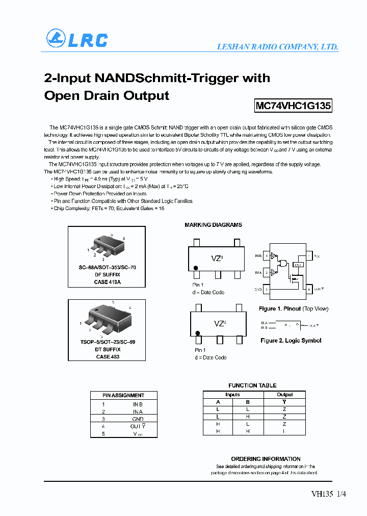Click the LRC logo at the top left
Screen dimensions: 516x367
[77, 39]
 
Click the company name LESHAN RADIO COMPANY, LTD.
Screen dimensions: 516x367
[277, 47]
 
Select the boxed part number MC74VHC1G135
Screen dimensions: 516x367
[293, 106]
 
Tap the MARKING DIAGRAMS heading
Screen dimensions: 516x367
[213, 225]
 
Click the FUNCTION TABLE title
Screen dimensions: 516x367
[252, 385]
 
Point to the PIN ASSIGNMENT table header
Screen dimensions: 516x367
[123, 395]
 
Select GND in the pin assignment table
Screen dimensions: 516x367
[138, 419]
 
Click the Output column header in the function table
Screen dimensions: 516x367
[284, 395]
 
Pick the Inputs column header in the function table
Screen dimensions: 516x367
[232, 395]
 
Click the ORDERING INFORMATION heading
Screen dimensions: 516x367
[266, 459]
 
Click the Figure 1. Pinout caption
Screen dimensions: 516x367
[293, 308]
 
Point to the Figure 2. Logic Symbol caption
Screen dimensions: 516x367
[291, 341]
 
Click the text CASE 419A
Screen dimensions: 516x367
[108, 281]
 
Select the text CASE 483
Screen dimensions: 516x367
[108, 356]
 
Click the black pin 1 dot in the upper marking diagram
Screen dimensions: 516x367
[196, 268]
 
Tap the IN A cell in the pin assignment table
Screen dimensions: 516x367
[138, 411]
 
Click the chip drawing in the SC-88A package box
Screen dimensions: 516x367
[108, 246]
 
